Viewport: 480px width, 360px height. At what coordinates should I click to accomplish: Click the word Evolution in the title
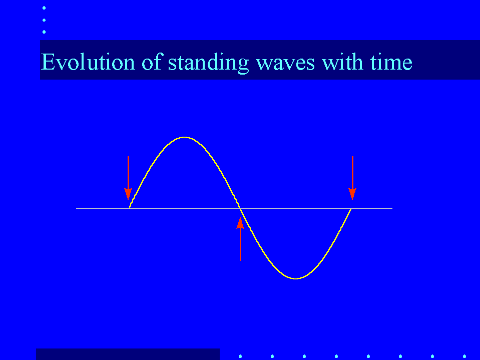(88, 62)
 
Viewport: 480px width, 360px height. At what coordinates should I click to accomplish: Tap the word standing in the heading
(208, 63)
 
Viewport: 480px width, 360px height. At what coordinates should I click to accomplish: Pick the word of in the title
(152, 62)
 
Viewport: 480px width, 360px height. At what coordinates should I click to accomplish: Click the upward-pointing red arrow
(240, 239)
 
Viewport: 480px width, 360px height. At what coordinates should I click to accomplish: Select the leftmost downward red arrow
(128, 178)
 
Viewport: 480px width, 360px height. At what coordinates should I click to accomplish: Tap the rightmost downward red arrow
(352, 178)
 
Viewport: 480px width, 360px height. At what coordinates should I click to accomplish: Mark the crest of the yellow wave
(184, 138)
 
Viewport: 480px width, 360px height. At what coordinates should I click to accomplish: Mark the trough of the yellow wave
(296, 278)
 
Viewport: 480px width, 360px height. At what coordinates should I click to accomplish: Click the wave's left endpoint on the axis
(130, 208)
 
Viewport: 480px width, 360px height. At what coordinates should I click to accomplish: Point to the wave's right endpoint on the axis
(351, 208)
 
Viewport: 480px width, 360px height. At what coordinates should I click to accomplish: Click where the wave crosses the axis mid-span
(240, 208)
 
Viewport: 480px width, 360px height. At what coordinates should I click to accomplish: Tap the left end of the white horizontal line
(76, 208)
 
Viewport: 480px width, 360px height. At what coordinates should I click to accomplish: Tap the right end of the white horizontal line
(392, 208)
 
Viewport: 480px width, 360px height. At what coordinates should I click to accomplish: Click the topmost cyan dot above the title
(44, 8)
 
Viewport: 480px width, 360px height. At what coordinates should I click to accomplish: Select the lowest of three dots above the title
(44, 32)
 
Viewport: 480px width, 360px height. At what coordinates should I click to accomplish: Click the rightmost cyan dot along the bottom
(464, 356)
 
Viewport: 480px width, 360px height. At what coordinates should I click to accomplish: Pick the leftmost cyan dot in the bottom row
(240, 356)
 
